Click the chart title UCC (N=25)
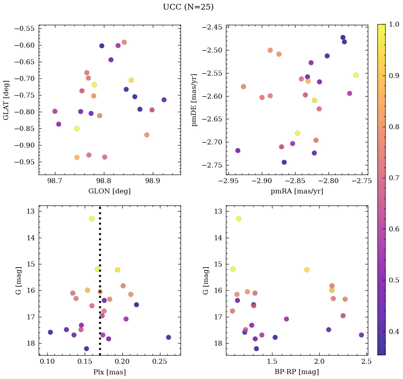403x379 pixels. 188,7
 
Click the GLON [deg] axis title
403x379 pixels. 109,191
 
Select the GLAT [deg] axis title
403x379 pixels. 6,100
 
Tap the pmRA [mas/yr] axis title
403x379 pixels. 297,191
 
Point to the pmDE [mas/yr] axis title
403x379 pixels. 194,100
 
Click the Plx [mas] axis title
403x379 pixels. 109,372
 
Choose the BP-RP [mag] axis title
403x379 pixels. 297,372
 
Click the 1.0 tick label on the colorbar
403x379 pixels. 394,24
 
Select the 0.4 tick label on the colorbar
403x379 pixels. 394,331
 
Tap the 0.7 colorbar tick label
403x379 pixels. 394,178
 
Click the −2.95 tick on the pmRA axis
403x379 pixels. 229,181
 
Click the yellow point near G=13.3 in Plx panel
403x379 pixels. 92,219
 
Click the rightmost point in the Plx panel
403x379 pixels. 168,337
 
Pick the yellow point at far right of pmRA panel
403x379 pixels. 356,75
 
